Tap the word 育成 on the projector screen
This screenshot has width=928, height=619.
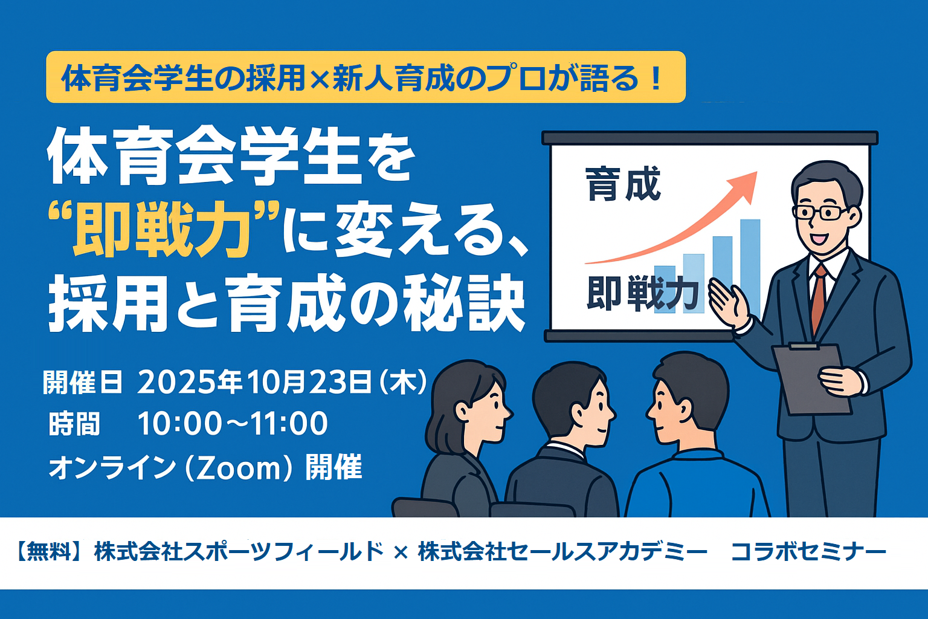tap(623, 184)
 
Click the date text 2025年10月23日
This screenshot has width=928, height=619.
tap(254, 382)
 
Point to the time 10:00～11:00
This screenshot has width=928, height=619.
tap(233, 424)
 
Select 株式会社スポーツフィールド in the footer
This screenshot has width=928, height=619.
tap(239, 552)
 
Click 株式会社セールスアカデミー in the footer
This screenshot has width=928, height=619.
tap(563, 552)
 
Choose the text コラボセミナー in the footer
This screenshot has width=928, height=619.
tap(808, 552)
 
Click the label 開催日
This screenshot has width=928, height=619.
tap(83, 382)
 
